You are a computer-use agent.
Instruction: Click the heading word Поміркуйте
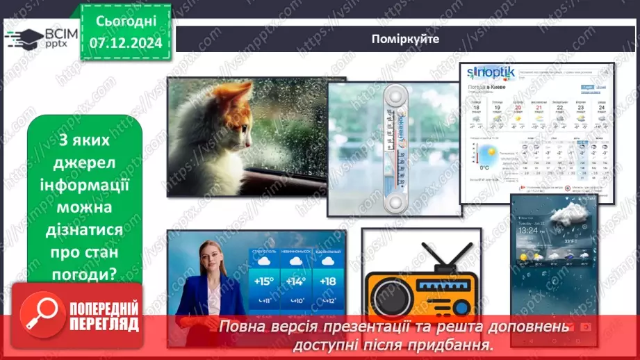coord(405,39)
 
